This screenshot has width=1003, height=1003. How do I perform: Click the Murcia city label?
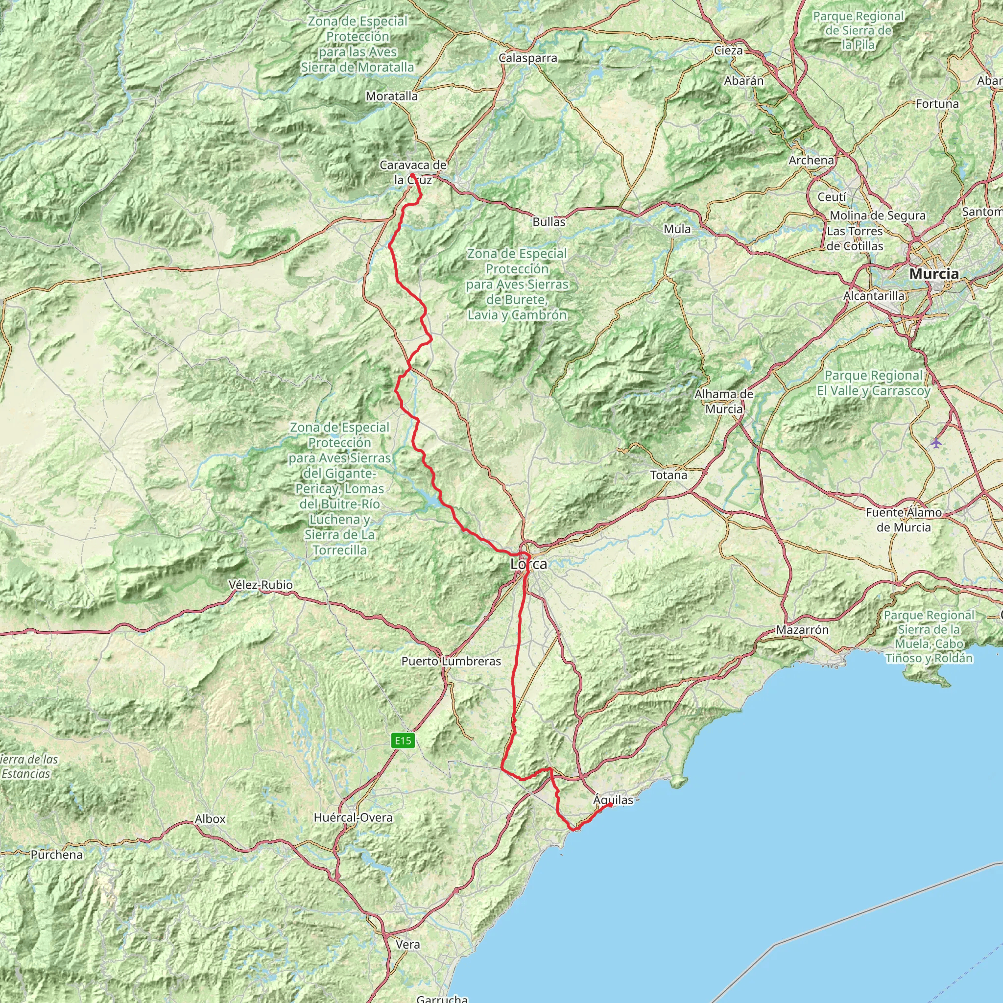[934, 274]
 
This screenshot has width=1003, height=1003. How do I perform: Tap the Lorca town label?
[528, 564]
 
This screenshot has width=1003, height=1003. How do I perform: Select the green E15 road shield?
[403, 740]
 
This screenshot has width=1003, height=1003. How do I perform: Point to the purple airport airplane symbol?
[936, 443]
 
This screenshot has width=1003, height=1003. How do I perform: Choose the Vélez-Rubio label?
[261, 585]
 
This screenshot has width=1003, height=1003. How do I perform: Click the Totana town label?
[669, 475]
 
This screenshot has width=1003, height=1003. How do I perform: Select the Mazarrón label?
[802, 630]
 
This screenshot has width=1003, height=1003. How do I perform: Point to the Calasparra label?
[528, 58]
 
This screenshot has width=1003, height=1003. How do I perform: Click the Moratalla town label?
[391, 96]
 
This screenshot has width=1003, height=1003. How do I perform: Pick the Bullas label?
[549, 222]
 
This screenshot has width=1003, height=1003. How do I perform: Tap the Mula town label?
[677, 229]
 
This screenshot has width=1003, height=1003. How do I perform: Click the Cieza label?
[728, 50]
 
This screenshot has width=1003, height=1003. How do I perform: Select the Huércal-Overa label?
[353, 818]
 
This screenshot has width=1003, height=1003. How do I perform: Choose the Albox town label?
[210, 819]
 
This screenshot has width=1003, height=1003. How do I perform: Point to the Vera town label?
[407, 944]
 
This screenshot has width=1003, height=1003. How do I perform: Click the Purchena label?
[57, 855]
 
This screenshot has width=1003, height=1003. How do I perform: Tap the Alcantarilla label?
[874, 295]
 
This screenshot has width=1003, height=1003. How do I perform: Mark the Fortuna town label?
[937, 104]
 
